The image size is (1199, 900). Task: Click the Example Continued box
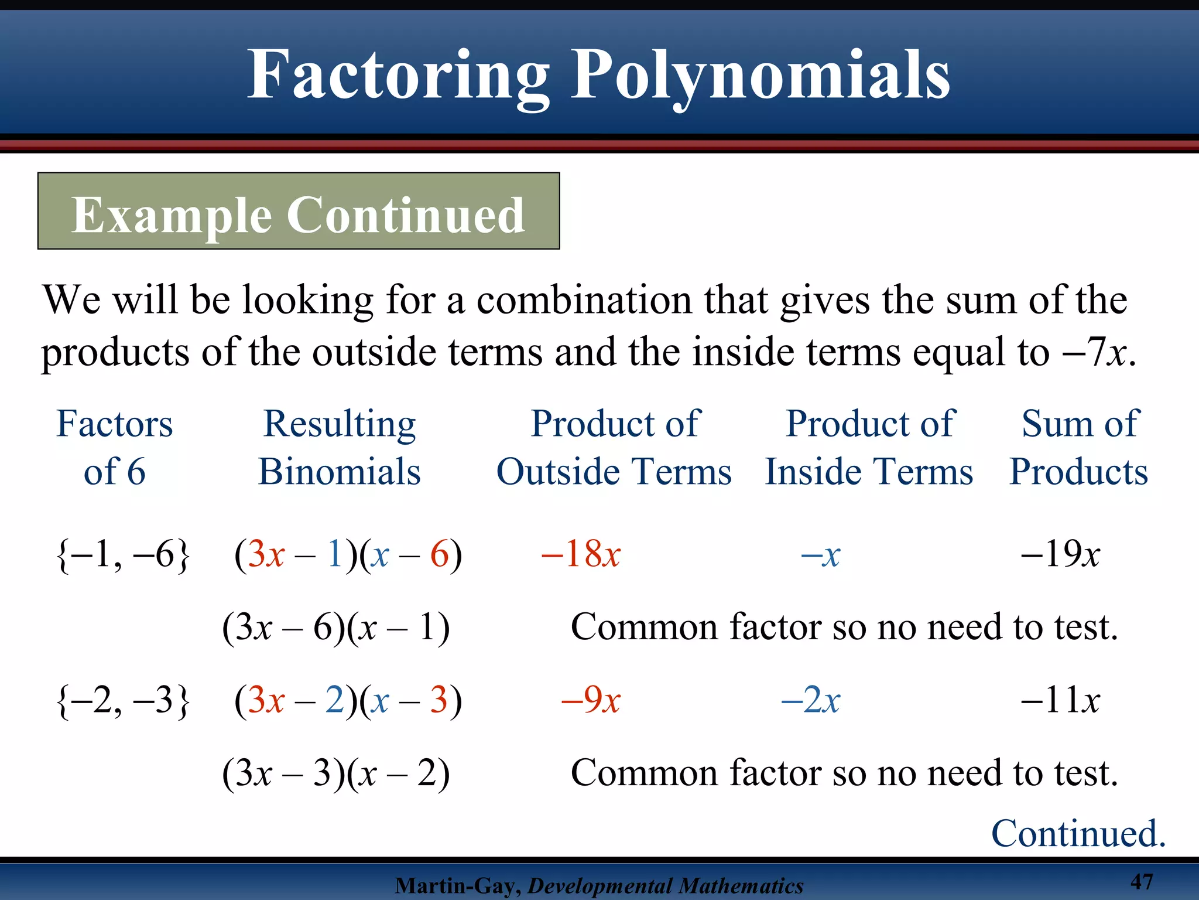[299, 212]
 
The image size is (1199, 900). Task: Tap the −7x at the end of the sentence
[1098, 352]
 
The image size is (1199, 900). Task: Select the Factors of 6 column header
[115, 447]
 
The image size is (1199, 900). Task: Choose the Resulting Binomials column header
[340, 447]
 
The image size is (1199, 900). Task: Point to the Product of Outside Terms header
[614, 447]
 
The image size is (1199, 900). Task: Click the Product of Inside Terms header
[869, 447]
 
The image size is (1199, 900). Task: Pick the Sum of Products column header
[1079, 447]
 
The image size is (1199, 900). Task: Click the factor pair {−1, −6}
[123, 554]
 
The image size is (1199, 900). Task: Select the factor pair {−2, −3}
[123, 700]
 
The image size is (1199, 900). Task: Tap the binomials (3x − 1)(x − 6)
[348, 554]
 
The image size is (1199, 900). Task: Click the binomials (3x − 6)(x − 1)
[336, 628]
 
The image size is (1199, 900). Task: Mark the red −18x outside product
[581, 554]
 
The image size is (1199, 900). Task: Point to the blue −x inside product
[820, 554]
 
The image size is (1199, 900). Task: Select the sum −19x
[1060, 554]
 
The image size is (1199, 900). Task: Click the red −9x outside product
[591, 700]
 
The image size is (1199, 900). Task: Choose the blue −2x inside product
[811, 700]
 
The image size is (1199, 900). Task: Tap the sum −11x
[1060, 700]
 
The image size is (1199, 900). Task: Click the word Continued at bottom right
[1078, 833]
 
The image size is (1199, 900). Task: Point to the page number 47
[1142, 881]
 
